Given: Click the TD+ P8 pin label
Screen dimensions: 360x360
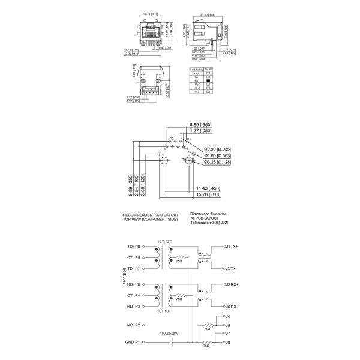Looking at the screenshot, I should pyautogui.click(x=134, y=247).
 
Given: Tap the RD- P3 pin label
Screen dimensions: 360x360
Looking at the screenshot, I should pyautogui.click(x=134, y=306).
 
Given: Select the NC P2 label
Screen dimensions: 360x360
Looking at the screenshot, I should pyautogui.click(x=134, y=325).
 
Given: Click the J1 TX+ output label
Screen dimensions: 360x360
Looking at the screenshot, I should pyautogui.click(x=230, y=246).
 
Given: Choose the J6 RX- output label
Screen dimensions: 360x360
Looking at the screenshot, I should pyautogui.click(x=230, y=305).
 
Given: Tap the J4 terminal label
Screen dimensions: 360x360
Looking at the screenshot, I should pyautogui.click(x=227, y=316).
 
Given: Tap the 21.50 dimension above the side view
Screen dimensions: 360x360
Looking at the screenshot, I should pyautogui.click(x=207, y=14).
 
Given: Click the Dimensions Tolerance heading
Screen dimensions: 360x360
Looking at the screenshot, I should pyautogui.click(x=209, y=213).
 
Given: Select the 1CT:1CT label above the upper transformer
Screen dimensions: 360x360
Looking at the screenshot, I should pyautogui.click(x=164, y=241).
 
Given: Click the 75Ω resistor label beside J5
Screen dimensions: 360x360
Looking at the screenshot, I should pyautogui.click(x=208, y=329).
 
